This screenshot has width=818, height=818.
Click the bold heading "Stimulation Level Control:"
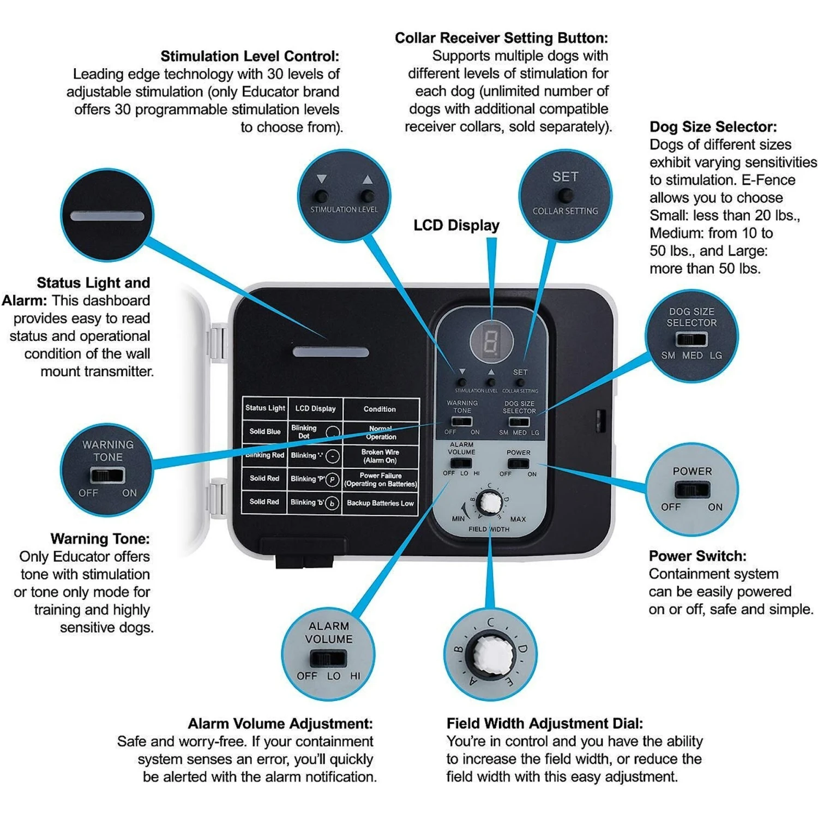[249, 56]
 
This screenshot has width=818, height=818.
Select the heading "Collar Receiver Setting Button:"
[501, 38]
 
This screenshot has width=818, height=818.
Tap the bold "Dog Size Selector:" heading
[713, 127]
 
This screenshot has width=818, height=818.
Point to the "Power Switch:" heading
[697, 556]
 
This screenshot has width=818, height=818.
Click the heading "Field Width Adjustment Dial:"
[544, 723]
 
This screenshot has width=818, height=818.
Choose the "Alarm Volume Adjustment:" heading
[280, 723]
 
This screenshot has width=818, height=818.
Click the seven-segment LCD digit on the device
[491, 341]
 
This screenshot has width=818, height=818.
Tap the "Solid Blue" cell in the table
[264, 431]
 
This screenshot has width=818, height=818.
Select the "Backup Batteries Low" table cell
[380, 503]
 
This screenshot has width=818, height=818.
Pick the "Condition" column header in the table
[380, 409]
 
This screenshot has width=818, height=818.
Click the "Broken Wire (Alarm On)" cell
[380, 456]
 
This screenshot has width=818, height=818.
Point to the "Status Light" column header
[265, 408]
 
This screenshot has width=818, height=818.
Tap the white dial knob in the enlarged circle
[491, 653]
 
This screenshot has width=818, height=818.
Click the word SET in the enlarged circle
[565, 177]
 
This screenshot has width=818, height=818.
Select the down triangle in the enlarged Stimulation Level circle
[321, 179]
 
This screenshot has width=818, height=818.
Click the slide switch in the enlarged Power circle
[691, 489]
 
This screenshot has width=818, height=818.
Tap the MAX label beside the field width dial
[518, 519]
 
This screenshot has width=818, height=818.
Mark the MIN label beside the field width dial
[458, 519]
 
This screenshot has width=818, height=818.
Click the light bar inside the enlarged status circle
[107, 216]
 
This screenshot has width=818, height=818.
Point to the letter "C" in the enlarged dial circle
[491, 622]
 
